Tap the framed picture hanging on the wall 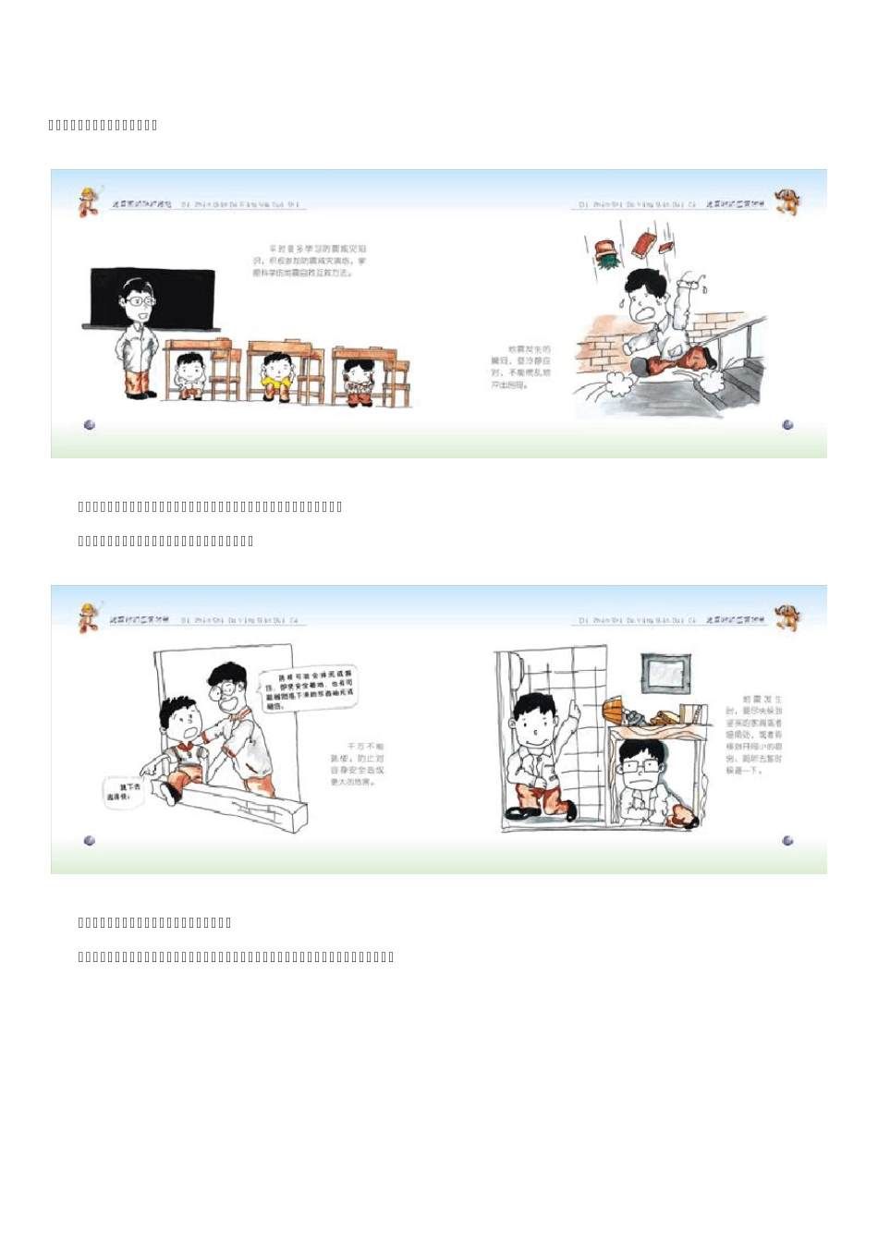[x=664, y=675]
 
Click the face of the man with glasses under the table [x=640, y=767]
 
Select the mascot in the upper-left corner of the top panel [x=89, y=201]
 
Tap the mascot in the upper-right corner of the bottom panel [x=787, y=617]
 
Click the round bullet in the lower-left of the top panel [x=90, y=425]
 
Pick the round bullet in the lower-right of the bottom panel [x=787, y=841]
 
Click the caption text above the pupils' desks [x=310, y=261]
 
